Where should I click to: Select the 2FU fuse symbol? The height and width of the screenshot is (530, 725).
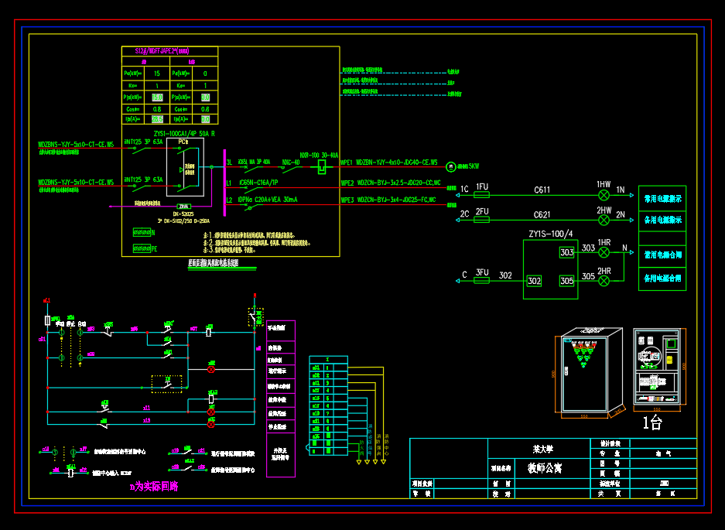point(482,220)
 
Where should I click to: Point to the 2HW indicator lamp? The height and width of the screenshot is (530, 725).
point(604,220)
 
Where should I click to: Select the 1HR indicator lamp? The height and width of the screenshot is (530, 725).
point(604,253)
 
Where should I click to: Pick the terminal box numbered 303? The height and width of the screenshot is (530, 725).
point(567,252)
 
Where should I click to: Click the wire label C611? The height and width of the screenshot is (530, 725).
point(542,190)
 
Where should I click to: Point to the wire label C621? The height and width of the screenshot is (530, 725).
point(542,214)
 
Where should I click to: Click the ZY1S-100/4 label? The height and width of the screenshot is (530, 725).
point(550,234)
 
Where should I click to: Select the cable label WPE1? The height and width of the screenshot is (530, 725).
point(347,163)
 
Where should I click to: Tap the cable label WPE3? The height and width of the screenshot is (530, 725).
point(347,200)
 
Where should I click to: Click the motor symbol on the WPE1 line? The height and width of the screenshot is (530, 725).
point(451,166)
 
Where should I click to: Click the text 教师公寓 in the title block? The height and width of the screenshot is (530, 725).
point(546,468)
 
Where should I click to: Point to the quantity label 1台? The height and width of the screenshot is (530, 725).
point(653,422)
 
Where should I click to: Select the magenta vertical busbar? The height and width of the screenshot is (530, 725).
point(224,182)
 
